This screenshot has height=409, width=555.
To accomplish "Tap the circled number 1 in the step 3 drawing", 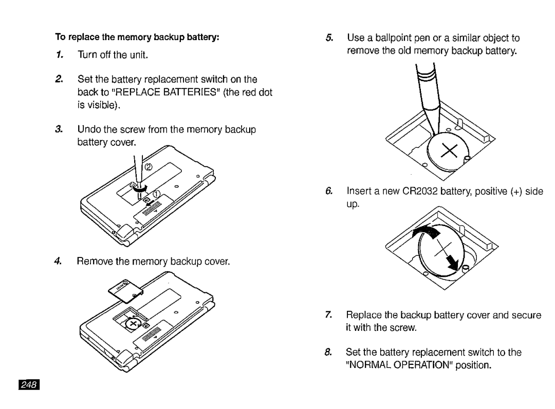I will coord(157,193).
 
